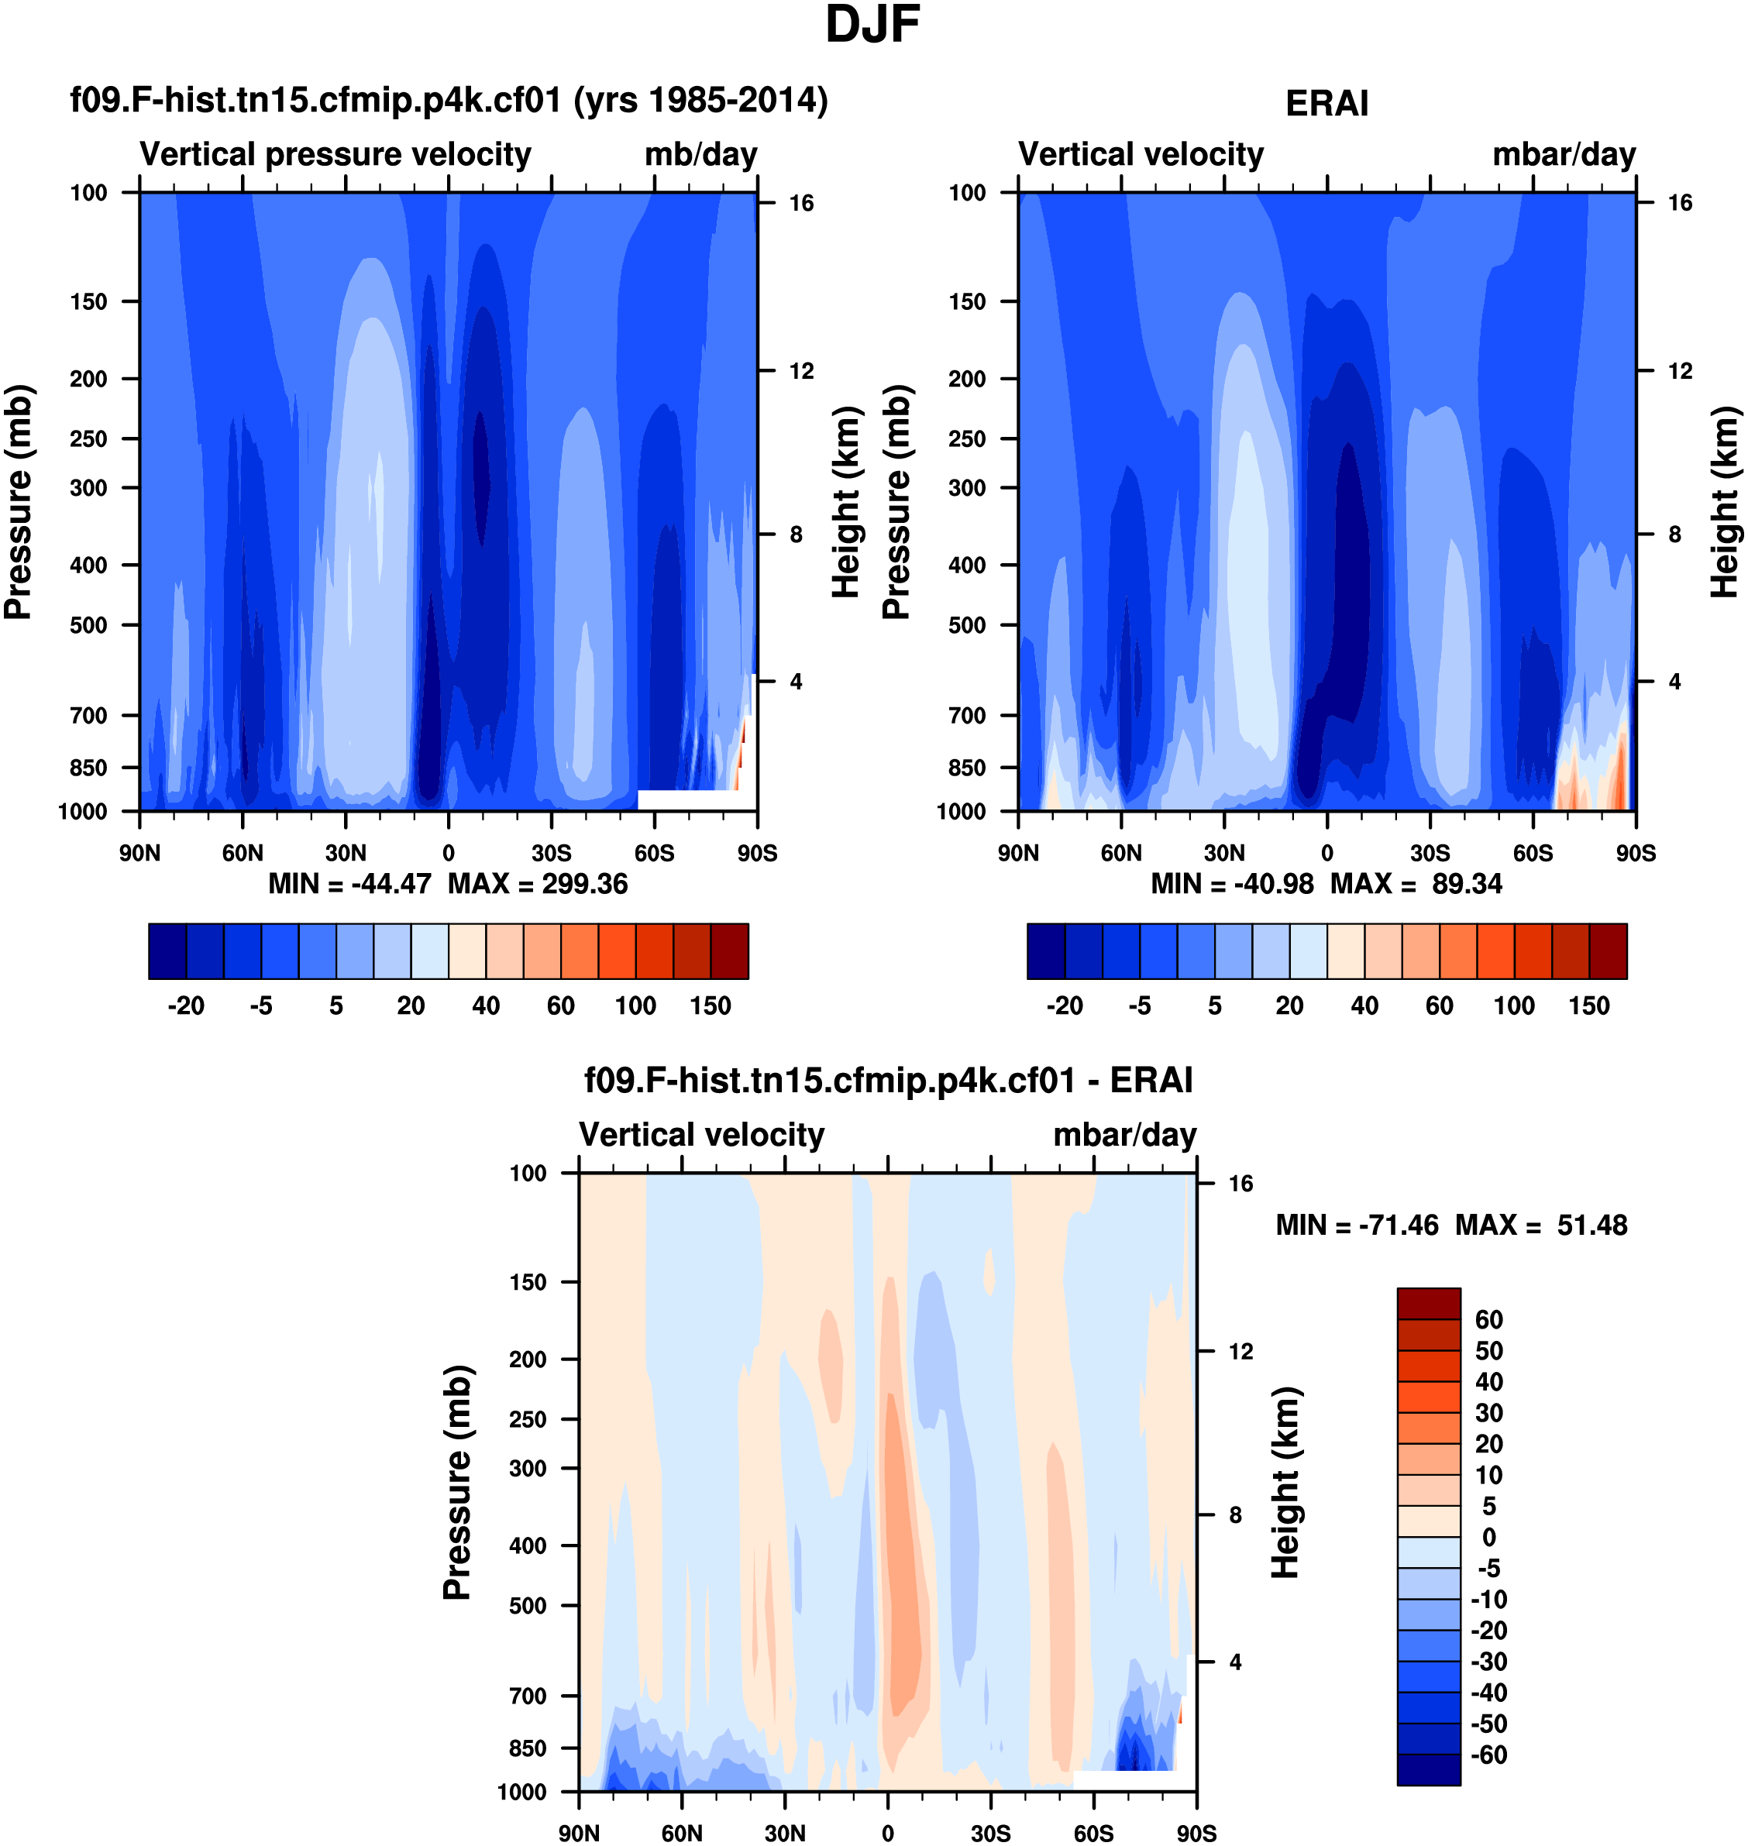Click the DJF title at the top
point(872,25)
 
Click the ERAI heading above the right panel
point(1326,103)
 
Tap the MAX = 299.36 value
point(538,883)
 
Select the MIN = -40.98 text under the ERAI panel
point(1232,883)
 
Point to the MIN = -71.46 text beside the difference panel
point(1357,1224)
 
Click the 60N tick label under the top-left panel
point(243,852)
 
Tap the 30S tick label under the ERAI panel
point(1430,852)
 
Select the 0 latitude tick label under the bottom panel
point(887,1833)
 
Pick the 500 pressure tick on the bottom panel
point(528,1606)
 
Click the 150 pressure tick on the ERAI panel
point(966,302)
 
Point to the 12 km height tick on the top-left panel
point(801,371)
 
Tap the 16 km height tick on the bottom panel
point(1240,1184)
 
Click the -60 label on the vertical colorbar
point(1489,1755)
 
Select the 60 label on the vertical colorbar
point(1489,1320)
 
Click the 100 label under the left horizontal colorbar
point(635,1006)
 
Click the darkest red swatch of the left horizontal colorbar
point(730,951)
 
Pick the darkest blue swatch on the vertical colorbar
point(1429,1769)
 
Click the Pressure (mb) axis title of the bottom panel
point(456,1483)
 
